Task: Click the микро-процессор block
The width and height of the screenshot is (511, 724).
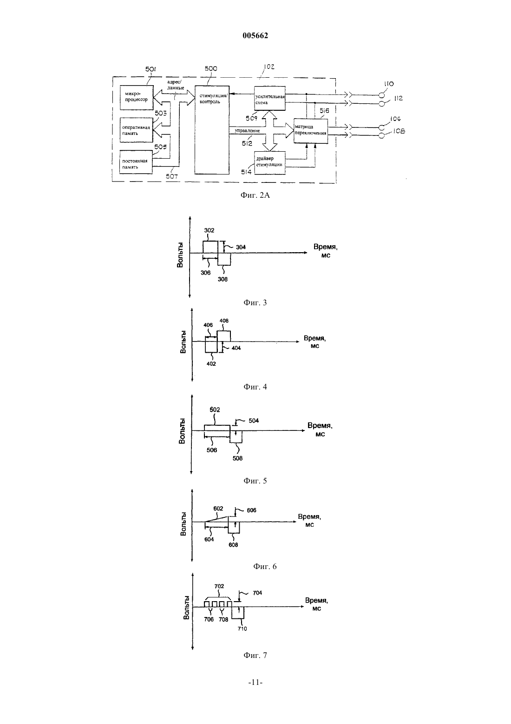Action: tap(137, 97)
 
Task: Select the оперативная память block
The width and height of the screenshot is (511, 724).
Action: tap(136, 130)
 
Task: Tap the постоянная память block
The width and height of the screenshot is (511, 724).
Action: tap(136, 162)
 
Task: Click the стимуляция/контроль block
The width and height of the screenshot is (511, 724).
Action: tap(212, 130)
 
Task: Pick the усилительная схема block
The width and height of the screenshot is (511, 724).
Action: tap(270, 98)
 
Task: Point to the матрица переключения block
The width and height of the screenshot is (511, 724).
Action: tap(310, 131)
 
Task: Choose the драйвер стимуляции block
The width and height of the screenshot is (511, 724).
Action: tap(270, 163)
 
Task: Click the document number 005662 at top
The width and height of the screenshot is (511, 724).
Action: tap(255, 35)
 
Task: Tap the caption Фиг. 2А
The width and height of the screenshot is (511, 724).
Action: tap(255, 195)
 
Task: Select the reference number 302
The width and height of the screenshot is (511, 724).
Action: tap(209, 230)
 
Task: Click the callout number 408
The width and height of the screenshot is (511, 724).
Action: tap(224, 321)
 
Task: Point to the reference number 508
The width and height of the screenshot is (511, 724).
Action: tap(237, 458)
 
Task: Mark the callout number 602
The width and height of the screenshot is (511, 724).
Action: tap(218, 508)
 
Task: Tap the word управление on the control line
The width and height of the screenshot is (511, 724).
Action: tap(248, 131)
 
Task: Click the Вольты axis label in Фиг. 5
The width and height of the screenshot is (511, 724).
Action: tap(182, 431)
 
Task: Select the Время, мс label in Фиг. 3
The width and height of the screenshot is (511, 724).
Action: tap(326, 251)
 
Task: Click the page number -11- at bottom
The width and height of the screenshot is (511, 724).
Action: tap(255, 682)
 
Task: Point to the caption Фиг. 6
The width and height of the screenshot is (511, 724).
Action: tap(265, 566)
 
